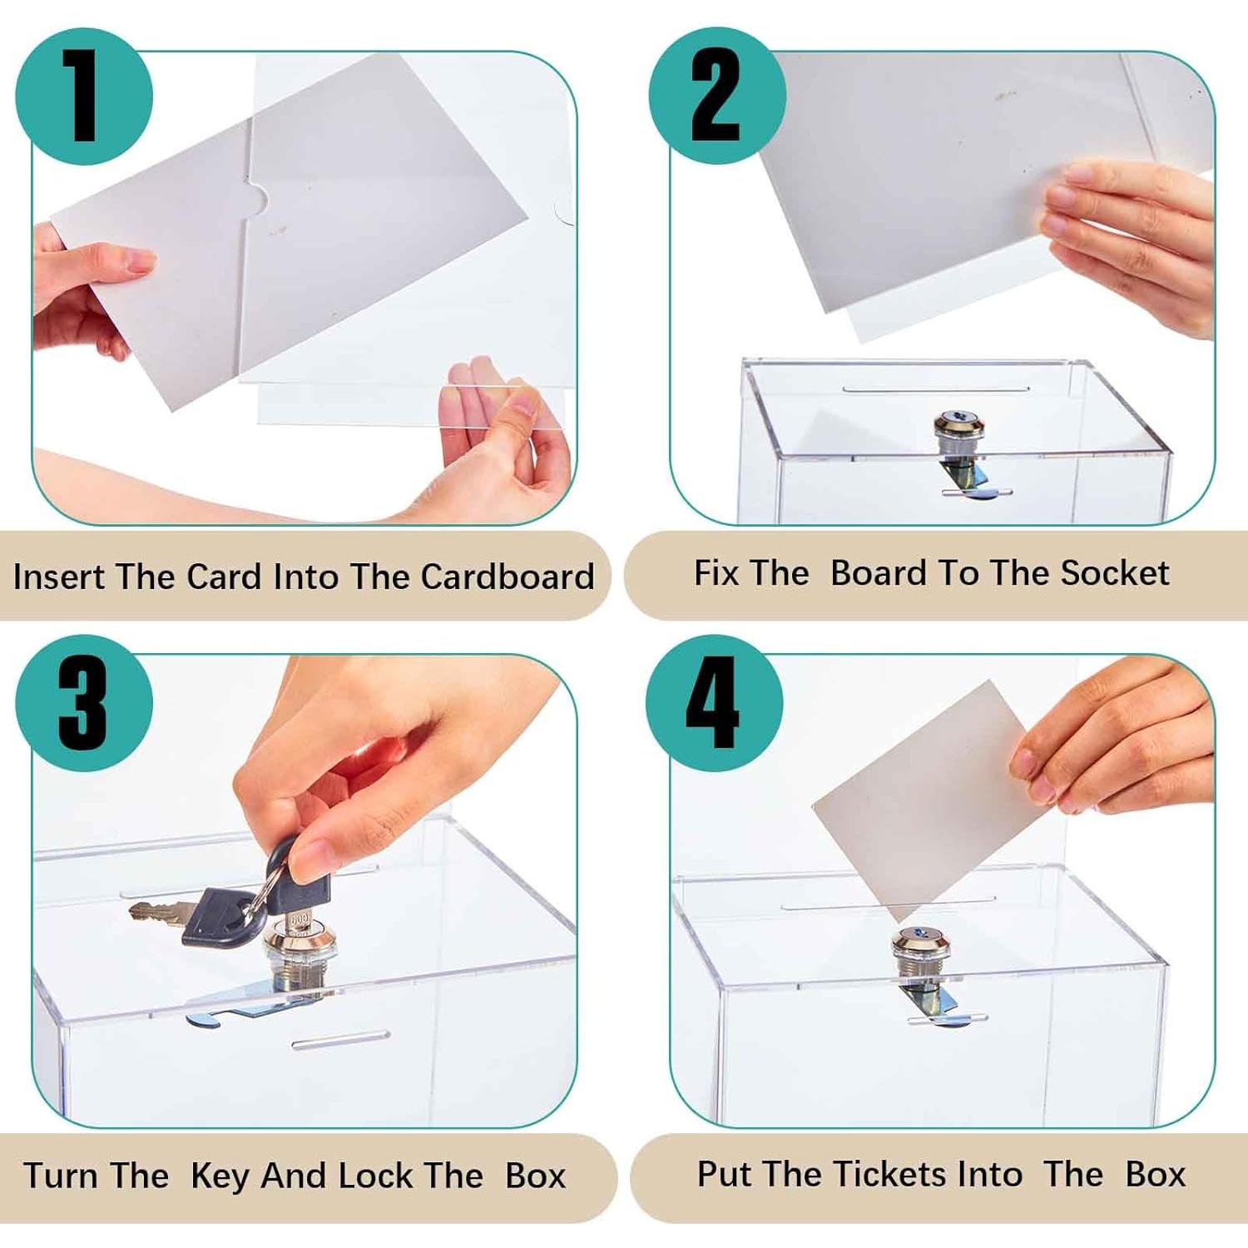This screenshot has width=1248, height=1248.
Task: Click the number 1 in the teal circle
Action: click(83, 96)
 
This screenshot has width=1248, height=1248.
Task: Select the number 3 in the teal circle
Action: click(82, 703)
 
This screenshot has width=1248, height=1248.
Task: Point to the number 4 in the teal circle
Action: click(713, 703)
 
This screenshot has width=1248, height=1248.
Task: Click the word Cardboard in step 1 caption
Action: click(507, 577)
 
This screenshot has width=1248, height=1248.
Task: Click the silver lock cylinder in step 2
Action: click(959, 432)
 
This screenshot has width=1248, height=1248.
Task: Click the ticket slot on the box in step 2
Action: click(935, 389)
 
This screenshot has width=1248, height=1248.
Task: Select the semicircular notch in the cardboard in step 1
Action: click(257, 198)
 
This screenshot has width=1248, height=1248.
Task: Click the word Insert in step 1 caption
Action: click(58, 577)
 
